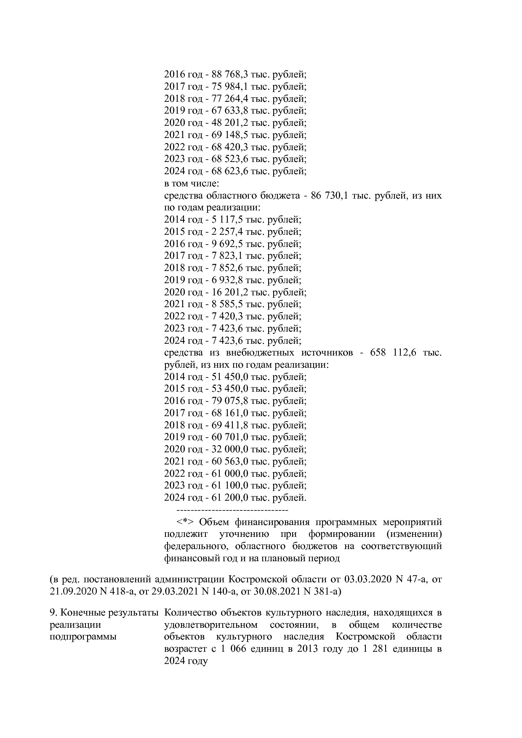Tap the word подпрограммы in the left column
(x=83, y=637)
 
